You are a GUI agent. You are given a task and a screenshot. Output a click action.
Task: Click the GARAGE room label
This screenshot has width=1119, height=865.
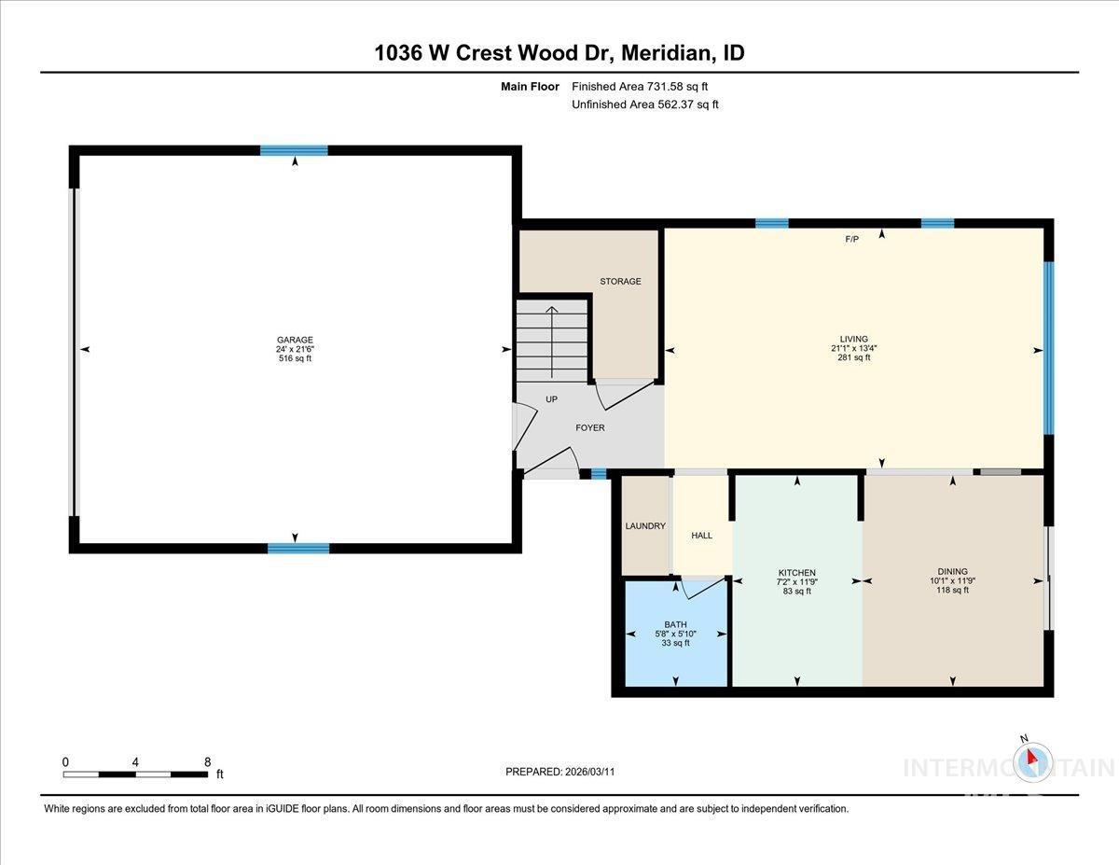click(x=294, y=340)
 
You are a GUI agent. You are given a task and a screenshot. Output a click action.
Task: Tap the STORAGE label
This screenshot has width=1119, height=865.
click(x=620, y=281)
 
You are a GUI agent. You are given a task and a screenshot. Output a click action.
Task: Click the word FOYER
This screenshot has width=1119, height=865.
click(x=589, y=428)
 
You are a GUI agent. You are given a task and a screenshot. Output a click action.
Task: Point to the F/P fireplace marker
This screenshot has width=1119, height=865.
click(x=851, y=240)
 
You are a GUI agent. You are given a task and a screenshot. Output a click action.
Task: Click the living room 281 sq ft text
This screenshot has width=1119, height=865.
click(x=853, y=357)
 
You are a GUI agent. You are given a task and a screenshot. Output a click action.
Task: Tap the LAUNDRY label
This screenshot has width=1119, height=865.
click(x=645, y=526)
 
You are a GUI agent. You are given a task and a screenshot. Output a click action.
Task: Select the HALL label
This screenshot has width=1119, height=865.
click(x=701, y=536)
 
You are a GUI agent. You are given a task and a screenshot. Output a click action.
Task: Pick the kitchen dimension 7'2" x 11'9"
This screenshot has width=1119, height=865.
click(x=797, y=581)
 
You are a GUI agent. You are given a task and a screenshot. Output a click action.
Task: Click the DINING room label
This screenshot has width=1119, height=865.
click(x=952, y=572)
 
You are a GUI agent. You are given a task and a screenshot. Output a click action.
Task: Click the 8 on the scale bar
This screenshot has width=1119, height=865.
click(x=207, y=761)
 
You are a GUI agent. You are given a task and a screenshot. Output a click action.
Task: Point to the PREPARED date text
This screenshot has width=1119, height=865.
click(x=560, y=772)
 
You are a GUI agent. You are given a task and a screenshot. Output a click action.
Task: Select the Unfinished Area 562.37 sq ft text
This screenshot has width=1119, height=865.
click(x=644, y=105)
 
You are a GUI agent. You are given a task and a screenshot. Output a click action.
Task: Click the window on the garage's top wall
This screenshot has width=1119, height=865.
click(x=294, y=150)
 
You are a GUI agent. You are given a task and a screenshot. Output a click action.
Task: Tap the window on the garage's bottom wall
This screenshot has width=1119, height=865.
click(x=298, y=549)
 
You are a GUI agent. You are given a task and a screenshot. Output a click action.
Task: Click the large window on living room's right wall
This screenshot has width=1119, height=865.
click(x=1048, y=348)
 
